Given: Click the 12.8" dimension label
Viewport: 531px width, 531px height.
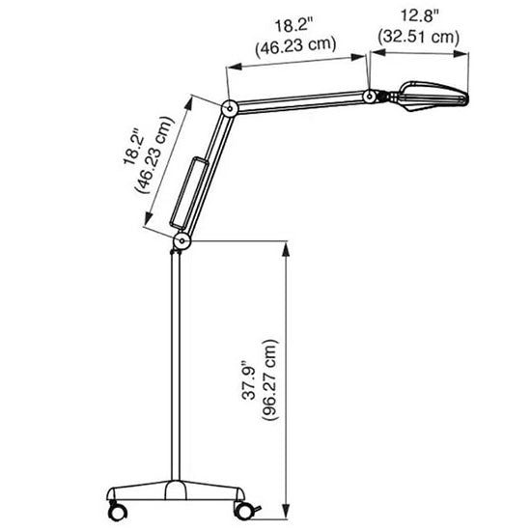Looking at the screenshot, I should (x=419, y=15).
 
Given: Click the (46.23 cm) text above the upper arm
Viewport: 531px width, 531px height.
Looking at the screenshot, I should (x=294, y=44).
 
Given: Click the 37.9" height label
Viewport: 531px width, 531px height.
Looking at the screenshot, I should (x=248, y=383).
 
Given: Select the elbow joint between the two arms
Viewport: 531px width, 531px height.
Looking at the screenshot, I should (x=230, y=108).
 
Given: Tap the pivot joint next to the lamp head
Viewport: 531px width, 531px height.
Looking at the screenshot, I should (x=369, y=97).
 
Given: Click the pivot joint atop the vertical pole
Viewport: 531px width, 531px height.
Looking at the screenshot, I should (x=181, y=238).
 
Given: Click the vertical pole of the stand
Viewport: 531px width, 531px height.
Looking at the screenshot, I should (x=176, y=367).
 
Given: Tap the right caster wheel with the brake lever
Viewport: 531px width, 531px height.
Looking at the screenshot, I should (x=242, y=506).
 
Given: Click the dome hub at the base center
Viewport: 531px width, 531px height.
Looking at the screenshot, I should (x=177, y=487).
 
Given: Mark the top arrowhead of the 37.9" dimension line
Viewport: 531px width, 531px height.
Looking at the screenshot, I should (x=286, y=247).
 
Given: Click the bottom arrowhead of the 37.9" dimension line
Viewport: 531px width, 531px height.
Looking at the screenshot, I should (x=286, y=509).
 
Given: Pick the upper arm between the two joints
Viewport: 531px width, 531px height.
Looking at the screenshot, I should (x=299, y=102).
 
